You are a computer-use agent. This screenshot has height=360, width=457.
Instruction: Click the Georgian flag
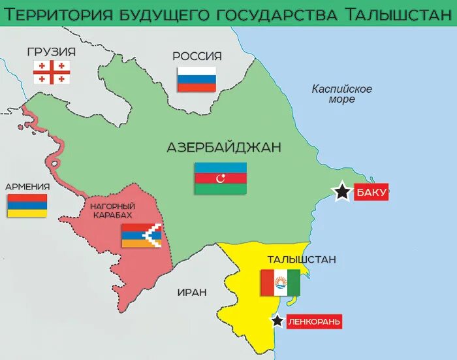click(52, 72)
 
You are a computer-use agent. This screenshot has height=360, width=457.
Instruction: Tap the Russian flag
click(197, 78)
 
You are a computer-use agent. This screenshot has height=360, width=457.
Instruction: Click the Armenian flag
click(27, 205)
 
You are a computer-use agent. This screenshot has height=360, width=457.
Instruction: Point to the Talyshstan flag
click(280, 283)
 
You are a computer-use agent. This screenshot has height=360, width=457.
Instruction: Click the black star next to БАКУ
click(341, 191)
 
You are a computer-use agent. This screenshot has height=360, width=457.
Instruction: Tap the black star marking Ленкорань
click(278, 321)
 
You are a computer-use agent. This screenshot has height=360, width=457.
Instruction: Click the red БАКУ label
click(371, 192)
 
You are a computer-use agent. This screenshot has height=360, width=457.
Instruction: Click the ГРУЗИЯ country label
click(52, 52)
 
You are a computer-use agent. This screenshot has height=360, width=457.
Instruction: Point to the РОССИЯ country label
click(197, 56)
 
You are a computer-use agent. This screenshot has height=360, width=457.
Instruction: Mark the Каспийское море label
click(342, 94)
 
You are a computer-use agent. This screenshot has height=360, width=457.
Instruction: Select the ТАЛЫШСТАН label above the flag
click(301, 259)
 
